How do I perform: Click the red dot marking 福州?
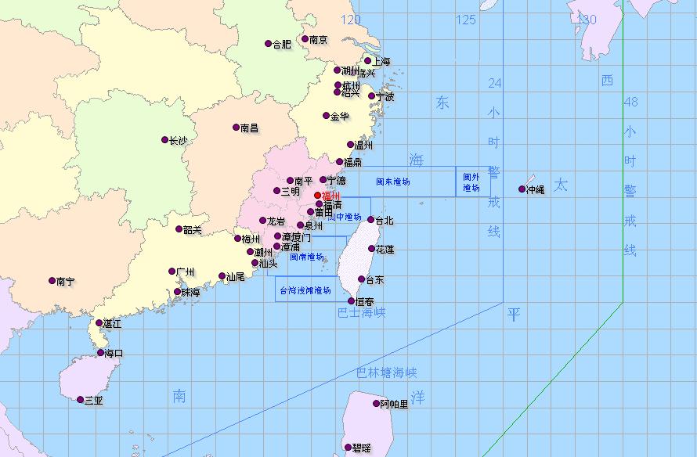[x=317, y=196]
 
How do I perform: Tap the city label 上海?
[x=381, y=62]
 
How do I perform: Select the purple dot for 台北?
[x=371, y=220]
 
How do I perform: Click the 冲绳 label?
[x=536, y=189]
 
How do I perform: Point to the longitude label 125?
[x=466, y=20]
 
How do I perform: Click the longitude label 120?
[x=351, y=20]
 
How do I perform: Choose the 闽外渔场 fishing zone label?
[x=471, y=182]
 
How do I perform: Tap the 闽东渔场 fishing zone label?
[x=393, y=182]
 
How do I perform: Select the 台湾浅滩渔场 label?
[x=305, y=290]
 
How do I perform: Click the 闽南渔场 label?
[x=307, y=256]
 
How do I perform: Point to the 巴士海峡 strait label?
[x=362, y=312]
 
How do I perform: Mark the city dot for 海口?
[x=100, y=353]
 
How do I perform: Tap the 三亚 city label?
[x=93, y=400]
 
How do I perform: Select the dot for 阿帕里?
[x=375, y=404]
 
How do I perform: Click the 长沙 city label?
[x=179, y=141]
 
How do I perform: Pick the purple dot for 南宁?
[x=51, y=281]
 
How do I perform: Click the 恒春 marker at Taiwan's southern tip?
[x=352, y=301]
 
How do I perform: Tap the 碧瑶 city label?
[x=361, y=448]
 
